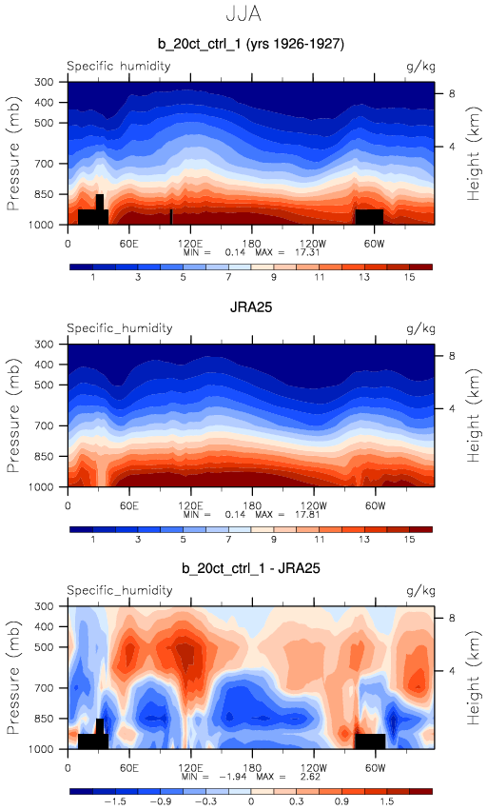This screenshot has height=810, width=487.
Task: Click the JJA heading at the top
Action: click(243, 13)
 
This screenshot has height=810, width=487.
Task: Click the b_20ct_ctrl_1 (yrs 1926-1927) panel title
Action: click(251, 44)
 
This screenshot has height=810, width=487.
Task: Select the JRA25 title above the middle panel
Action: click(251, 307)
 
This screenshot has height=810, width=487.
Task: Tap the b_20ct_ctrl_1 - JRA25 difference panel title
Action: click(251, 568)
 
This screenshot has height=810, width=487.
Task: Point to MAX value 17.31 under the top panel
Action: click(308, 252)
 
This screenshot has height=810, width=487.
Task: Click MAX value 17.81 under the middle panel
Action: click(308, 515)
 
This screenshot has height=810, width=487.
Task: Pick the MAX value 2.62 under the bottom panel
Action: click(310, 777)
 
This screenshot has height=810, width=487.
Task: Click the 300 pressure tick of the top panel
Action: click(44, 82)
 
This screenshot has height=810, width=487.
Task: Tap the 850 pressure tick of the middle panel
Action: click(44, 456)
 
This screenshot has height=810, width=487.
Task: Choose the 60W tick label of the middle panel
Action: click(375, 505)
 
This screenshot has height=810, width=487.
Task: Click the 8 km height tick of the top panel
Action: click(452, 93)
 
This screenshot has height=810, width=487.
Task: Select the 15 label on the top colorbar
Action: click(410, 277)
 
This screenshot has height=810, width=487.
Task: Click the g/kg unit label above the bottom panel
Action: click(421, 590)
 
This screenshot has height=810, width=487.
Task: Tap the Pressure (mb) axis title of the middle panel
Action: click(13, 415)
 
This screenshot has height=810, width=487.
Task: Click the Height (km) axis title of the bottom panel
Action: click(473, 678)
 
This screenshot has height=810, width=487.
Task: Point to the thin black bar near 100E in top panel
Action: click(171, 217)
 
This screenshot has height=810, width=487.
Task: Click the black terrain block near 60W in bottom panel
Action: click(370, 741)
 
